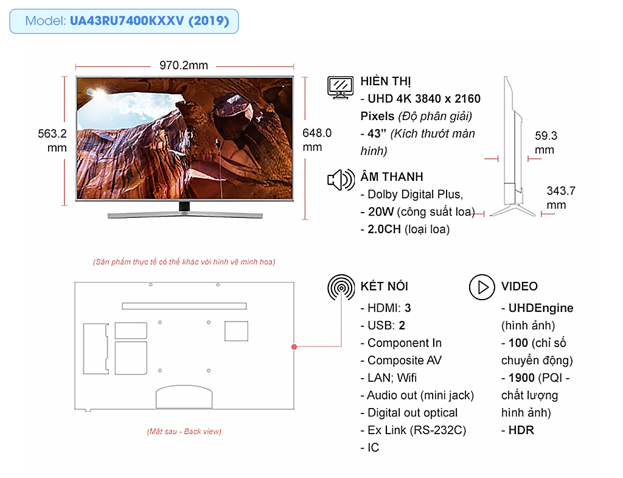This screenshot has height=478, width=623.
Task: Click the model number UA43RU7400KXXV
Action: tap(127, 21)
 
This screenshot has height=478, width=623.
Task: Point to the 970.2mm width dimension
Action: tap(184, 65)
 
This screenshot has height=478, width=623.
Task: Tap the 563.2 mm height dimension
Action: tap(52, 141)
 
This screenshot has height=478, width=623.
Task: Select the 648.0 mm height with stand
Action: tap(316, 140)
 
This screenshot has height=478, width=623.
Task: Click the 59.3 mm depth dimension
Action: tap(546, 142)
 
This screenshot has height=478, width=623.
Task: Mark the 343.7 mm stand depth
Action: tap(560, 198)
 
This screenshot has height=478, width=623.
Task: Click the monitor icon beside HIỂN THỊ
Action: tap(341, 88)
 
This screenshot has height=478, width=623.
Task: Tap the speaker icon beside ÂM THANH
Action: tap(341, 180)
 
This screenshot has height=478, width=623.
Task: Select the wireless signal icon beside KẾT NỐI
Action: tap(341, 287)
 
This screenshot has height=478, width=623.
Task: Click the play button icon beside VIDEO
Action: tap(482, 287)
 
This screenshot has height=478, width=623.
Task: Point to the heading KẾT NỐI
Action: tap(385, 286)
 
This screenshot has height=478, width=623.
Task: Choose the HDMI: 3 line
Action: tap(386, 308)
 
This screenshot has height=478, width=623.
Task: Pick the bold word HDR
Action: tap(521, 431)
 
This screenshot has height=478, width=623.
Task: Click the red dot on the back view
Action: tap(294, 346)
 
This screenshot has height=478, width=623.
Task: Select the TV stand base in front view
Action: tap(185, 215)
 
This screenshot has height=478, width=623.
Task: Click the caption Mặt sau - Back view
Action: tap(184, 432)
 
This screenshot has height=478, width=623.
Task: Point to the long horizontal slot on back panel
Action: tap(184, 306)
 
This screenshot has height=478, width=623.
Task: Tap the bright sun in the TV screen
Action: tap(99, 94)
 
